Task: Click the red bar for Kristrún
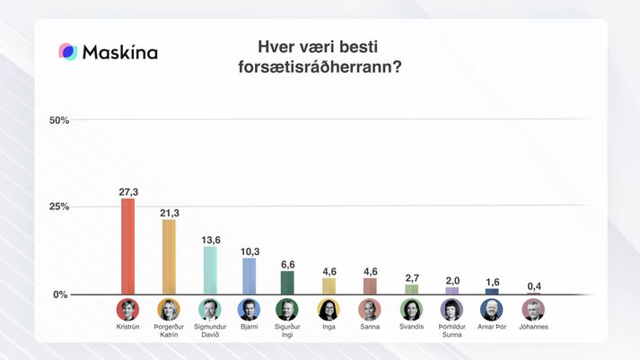(x=128, y=246)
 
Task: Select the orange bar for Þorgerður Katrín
(x=169, y=257)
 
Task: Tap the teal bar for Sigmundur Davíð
(x=209, y=270)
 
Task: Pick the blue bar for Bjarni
(x=250, y=276)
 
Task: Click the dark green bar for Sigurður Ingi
(x=288, y=283)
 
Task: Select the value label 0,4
(x=533, y=285)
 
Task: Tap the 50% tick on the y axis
(x=58, y=119)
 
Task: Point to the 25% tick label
(x=58, y=206)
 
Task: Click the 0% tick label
(x=61, y=294)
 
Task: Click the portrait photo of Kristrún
(x=128, y=310)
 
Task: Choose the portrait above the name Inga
(x=329, y=310)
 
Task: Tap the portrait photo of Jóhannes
(x=533, y=310)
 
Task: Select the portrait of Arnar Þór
(x=492, y=310)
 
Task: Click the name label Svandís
(x=410, y=327)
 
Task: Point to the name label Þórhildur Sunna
(x=452, y=330)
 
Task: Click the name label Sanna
(x=369, y=327)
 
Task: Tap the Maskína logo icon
(x=67, y=52)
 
